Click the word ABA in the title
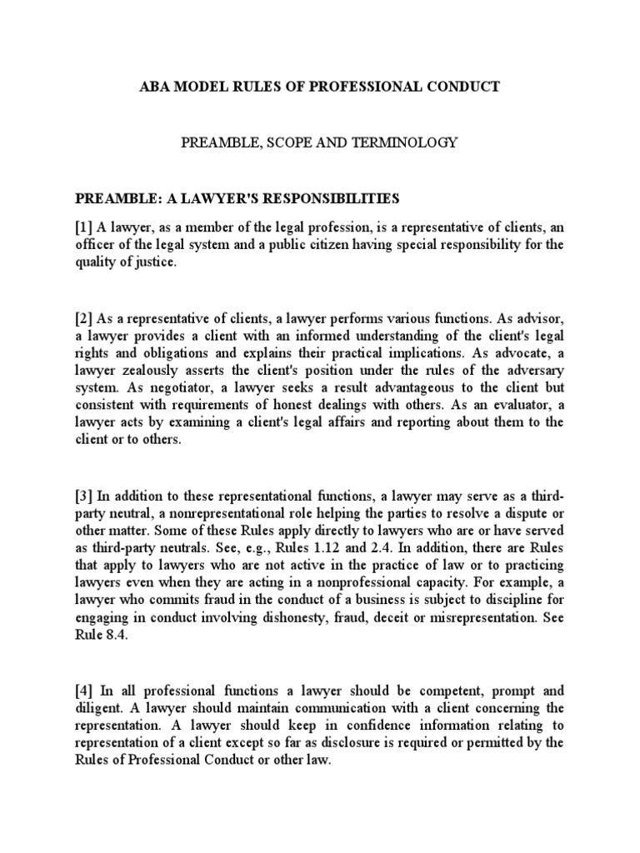click(x=161, y=87)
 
